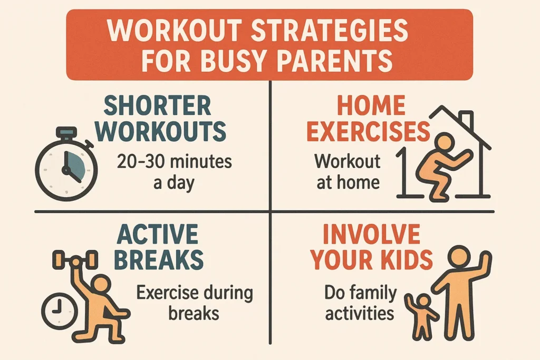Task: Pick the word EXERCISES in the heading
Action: (x=368, y=132)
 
